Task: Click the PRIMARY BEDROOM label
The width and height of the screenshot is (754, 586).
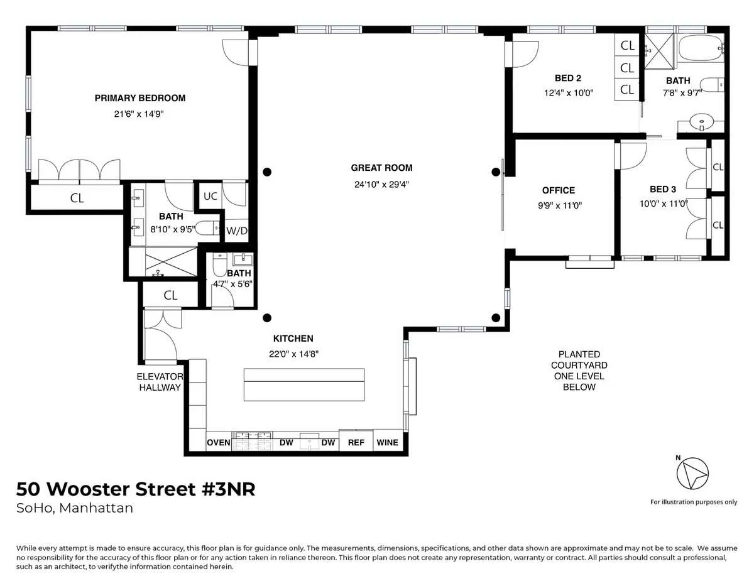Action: coord(139,98)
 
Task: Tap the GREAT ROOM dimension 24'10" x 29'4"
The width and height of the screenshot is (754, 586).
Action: coord(381,184)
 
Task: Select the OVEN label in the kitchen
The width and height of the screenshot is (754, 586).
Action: coord(219,442)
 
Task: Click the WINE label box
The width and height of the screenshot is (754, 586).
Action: coord(387,442)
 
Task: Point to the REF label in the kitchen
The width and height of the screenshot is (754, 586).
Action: coord(356,442)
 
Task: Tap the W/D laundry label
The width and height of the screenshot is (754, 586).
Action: coord(237,231)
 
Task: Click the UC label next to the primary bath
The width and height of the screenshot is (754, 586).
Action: coord(210,196)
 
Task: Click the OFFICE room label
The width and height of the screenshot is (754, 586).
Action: coord(558,190)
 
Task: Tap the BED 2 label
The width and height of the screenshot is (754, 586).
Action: coord(567,79)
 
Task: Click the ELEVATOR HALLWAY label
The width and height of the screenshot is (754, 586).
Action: coord(160,382)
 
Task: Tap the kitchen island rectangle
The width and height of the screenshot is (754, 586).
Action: coord(304,384)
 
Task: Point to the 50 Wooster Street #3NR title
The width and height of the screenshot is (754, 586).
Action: coord(136,489)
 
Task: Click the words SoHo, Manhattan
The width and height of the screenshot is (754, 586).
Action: coord(74,508)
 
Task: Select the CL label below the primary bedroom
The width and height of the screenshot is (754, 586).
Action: coord(77,198)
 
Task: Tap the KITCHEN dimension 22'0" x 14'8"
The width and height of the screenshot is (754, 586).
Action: coord(292,354)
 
